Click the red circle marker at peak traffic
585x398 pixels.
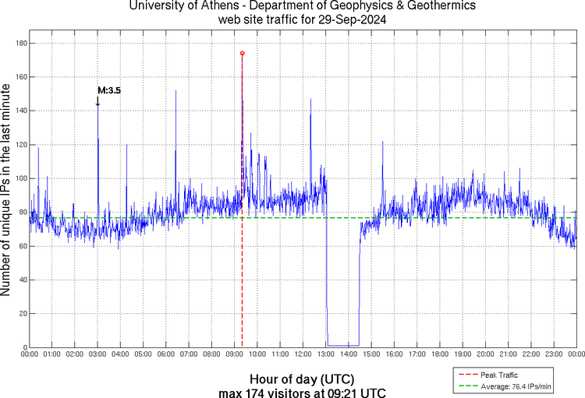[x=243, y=53]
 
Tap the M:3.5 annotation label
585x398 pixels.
[x=109, y=90]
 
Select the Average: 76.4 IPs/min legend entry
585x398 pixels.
[x=516, y=386]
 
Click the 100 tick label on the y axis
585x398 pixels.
[x=20, y=178]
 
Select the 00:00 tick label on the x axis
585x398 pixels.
[x=30, y=354]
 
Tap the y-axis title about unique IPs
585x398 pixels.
[x=7, y=191]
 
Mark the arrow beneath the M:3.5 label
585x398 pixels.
[x=97, y=101]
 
